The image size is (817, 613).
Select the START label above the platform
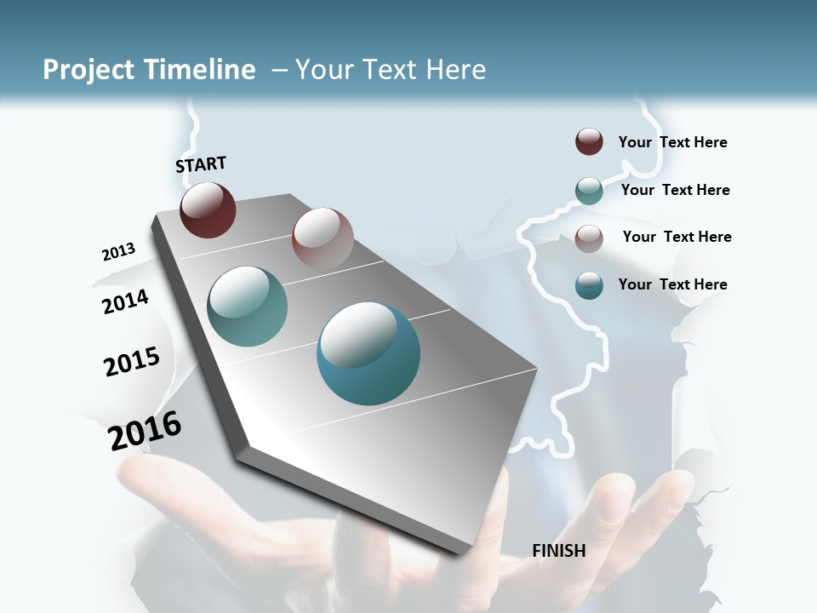[201, 164]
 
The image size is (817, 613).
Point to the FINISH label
[559, 551]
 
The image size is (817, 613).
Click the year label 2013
[118, 252]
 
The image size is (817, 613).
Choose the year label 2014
[125, 301]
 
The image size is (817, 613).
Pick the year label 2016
[145, 431]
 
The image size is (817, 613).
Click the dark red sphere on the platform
[208, 209]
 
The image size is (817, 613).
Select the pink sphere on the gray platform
[323, 238]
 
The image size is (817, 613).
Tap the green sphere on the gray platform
[248, 306]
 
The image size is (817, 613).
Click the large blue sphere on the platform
[369, 353]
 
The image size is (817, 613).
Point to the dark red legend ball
[589, 141]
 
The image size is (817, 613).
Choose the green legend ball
[589, 191]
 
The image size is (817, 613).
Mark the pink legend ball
[589, 238]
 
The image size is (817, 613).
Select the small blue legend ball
[589, 285]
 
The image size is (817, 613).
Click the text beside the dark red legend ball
[672, 142]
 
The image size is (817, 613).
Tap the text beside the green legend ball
[675, 190]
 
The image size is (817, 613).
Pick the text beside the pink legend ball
[677, 237]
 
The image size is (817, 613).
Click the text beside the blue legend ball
[672, 284]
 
